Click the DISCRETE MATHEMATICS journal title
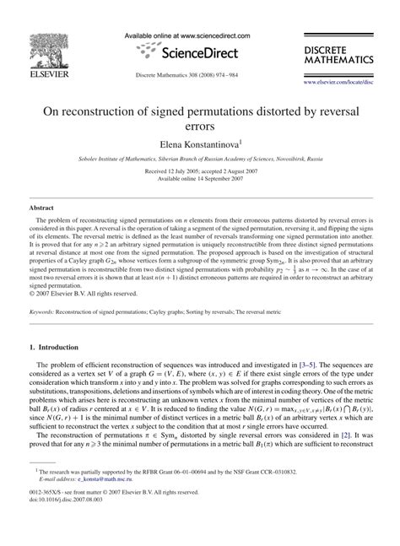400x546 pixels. point(337,56)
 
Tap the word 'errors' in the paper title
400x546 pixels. point(200,124)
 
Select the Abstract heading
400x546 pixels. point(42,205)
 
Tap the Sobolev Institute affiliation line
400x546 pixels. point(200,159)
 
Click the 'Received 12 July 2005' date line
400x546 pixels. point(200,171)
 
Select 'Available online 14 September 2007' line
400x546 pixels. point(200,179)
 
